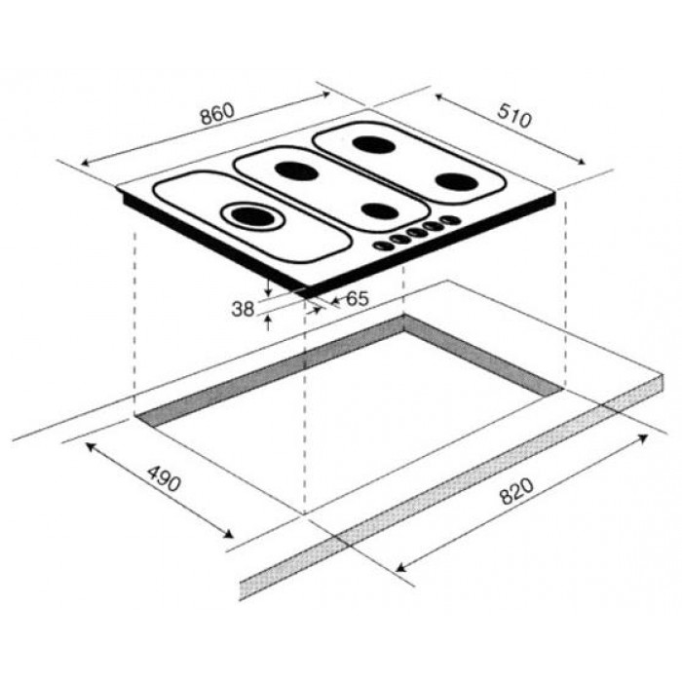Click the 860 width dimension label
click(217, 114)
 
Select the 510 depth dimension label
click(514, 115)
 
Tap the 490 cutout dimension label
click(164, 478)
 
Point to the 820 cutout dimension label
click(516, 491)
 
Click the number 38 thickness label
click(243, 309)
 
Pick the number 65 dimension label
click(358, 298)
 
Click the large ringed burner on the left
click(252, 215)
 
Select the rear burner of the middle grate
click(297, 170)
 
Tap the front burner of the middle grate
click(380, 211)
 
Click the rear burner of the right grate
click(373, 145)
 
